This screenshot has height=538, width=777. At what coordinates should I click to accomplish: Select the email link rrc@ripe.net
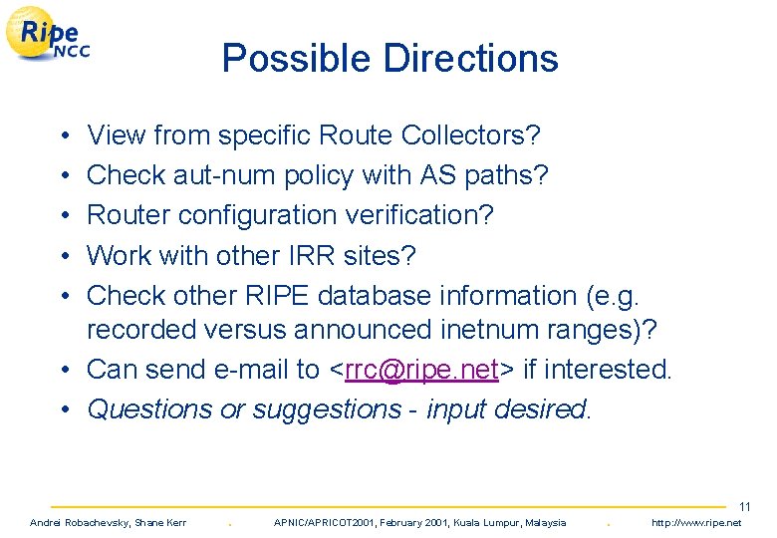click(x=422, y=370)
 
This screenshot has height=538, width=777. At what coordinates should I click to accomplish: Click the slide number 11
click(x=744, y=507)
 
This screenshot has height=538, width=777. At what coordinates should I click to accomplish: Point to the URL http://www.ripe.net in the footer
click(x=696, y=523)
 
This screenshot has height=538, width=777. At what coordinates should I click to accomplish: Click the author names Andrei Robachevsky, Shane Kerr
click(x=109, y=523)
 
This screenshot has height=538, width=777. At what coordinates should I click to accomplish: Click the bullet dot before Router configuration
click(x=62, y=216)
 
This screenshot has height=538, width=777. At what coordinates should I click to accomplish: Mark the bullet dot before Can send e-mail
click(x=62, y=371)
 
